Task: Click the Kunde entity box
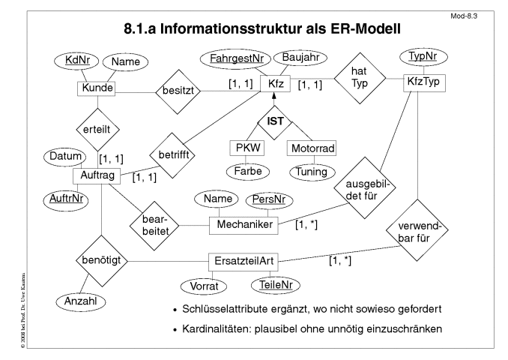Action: click(96, 88)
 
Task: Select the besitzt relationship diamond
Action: click(178, 91)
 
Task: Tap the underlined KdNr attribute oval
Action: click(76, 61)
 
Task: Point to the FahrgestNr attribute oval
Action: click(236, 59)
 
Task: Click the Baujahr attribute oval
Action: click(300, 58)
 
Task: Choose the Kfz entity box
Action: click(276, 84)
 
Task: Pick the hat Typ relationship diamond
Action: click(360, 78)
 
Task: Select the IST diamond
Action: click(275, 122)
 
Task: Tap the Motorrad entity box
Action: click(312, 148)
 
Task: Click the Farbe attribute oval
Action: click(247, 171)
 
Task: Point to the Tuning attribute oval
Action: click(312, 172)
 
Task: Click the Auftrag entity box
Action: click(97, 176)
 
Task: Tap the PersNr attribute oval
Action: click(269, 200)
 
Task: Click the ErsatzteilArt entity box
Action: click(243, 262)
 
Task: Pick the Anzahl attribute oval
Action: click(81, 301)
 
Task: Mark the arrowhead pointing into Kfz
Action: click(274, 95)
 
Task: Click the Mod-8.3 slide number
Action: click(464, 16)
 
